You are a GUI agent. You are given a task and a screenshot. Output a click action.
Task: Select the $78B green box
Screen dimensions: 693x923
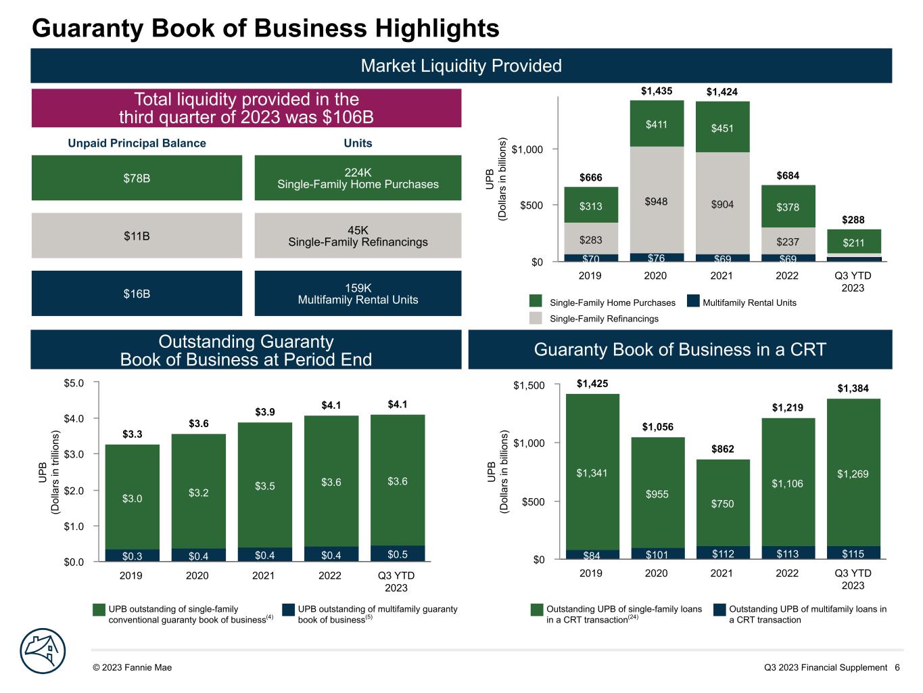point(137,178)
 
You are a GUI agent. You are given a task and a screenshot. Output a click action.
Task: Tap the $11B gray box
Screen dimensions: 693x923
point(137,236)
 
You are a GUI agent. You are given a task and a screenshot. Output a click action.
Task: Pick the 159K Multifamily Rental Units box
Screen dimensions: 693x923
point(358,294)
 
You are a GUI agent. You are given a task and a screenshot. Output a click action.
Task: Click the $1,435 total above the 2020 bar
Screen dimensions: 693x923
point(657,91)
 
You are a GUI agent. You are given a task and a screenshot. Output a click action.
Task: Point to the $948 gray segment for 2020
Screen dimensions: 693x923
point(657,200)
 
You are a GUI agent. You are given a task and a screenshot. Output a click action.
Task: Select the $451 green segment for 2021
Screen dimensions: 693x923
point(722,127)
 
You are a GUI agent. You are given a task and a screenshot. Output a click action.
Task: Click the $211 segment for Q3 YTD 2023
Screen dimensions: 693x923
point(854,242)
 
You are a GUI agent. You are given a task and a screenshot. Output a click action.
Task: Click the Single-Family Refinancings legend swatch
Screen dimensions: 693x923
point(536,318)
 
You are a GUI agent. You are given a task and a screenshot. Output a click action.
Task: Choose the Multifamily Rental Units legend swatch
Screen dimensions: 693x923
point(692,302)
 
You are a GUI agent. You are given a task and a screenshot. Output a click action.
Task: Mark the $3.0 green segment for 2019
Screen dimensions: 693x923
point(133,498)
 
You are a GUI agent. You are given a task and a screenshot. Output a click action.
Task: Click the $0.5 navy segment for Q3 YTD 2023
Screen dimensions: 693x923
point(398,554)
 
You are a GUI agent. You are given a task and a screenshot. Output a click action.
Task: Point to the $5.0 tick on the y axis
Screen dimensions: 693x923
point(75,383)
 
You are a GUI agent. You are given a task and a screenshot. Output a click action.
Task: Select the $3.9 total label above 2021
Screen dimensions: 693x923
point(265,411)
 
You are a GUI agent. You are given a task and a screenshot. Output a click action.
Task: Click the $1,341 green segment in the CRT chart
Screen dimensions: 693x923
point(592,473)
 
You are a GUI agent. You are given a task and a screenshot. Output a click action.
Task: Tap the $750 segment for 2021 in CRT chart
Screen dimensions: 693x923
point(722,504)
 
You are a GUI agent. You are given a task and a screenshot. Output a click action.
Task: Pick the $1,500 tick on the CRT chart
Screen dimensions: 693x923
point(528,386)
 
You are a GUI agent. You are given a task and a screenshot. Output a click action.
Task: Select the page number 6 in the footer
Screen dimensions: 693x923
point(897,667)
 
